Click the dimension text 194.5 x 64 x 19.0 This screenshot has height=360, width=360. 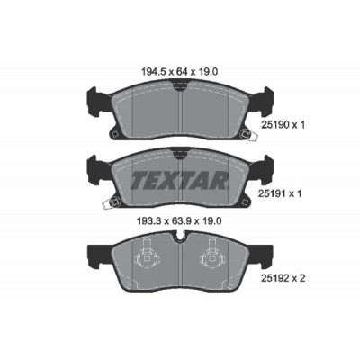click(179, 72)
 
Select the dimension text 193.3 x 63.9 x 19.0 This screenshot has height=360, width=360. click(179, 221)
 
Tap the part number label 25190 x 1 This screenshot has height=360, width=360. click(283, 125)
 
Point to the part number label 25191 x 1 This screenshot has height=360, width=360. click(280, 193)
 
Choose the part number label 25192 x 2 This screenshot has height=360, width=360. click(283, 279)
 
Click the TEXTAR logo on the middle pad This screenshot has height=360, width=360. click(180, 181)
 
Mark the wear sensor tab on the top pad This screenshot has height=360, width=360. click(253, 137)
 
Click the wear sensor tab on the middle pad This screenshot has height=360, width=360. click(107, 205)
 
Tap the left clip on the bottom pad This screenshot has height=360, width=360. click(147, 255)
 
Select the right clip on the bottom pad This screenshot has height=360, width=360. click(213, 255)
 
